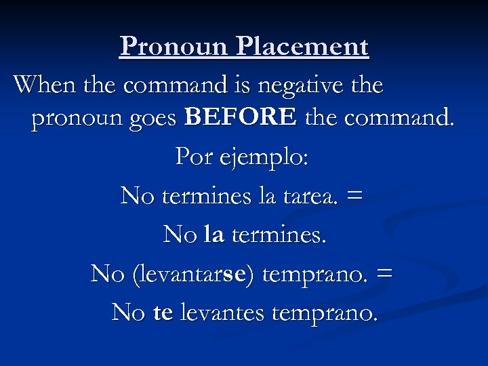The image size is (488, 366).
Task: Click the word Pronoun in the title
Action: (175, 46)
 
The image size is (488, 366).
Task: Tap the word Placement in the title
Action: (303, 46)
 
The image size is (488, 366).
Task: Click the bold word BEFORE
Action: (241, 117)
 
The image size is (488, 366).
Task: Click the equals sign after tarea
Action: (354, 196)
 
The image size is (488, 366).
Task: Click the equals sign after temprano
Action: (384, 274)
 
